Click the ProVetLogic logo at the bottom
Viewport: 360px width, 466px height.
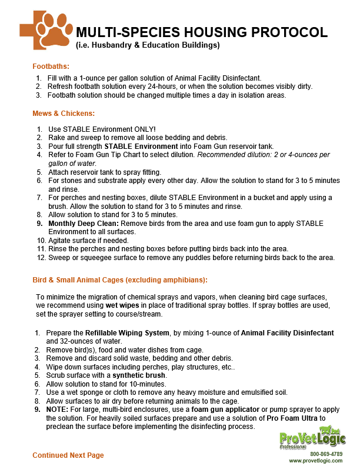tap(312, 439)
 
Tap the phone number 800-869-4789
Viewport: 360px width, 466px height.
tap(326, 454)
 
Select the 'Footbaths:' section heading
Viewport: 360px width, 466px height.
tap(51, 66)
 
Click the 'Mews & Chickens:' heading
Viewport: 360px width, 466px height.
tap(64, 113)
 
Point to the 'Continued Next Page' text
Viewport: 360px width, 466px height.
tap(68, 455)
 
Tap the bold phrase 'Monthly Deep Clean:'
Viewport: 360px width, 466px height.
tap(76, 224)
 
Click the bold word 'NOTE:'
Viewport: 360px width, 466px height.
tap(57, 410)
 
